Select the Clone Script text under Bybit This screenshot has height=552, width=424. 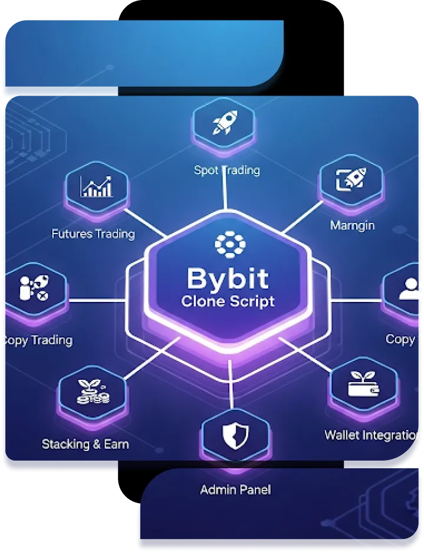pos(227,301)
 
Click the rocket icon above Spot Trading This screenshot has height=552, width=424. pos(225,123)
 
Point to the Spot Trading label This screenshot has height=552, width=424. pos(227,170)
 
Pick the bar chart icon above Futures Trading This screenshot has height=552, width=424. pos(97,186)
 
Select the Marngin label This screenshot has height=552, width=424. pos(352,225)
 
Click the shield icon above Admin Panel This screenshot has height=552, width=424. pos(234,435)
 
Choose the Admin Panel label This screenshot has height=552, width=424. pos(235,489)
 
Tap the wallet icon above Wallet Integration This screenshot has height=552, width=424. pos(363,383)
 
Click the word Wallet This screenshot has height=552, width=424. pos(341,436)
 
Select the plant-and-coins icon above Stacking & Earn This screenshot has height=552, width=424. pos(93,392)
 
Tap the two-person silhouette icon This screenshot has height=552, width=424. pos(411,289)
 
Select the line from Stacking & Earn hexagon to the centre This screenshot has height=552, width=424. pos(150,361)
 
